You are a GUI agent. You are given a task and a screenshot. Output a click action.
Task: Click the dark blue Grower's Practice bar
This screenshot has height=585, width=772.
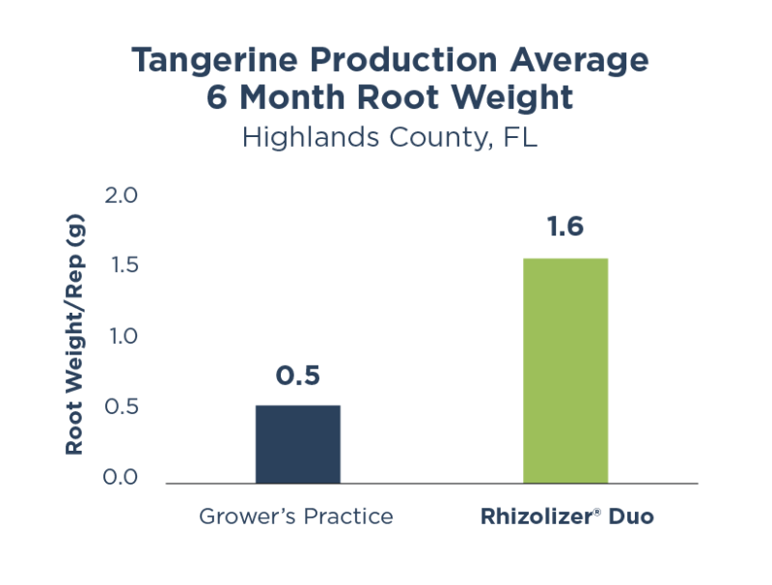[x=297, y=444]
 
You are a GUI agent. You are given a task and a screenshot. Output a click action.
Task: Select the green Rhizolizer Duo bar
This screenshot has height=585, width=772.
[x=565, y=371]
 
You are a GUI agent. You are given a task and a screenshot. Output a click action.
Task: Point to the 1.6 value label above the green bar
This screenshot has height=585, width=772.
[x=565, y=229]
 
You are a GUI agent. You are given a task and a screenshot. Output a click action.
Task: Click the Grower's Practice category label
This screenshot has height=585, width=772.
[x=296, y=516]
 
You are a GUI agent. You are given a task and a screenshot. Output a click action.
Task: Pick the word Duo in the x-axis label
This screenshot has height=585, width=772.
[x=632, y=516]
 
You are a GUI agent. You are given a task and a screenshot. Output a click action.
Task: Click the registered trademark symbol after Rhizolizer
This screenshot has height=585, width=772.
[x=598, y=512]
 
